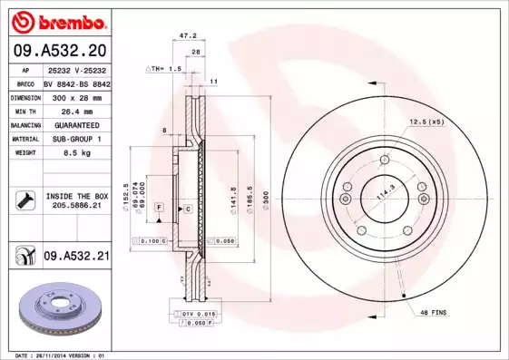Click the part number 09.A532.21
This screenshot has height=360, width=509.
click(x=76, y=258)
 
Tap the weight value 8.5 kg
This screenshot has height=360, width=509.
click(x=76, y=154)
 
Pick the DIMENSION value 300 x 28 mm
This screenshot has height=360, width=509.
click(x=76, y=96)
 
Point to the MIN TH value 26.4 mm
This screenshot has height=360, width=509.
click(x=76, y=111)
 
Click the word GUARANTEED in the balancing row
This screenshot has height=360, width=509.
click(x=76, y=125)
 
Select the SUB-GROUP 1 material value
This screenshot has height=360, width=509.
click(x=76, y=140)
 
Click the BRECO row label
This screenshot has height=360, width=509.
click(x=25, y=82)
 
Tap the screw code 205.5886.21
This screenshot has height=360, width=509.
click(x=76, y=205)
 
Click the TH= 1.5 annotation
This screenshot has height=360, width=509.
click(x=165, y=69)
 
